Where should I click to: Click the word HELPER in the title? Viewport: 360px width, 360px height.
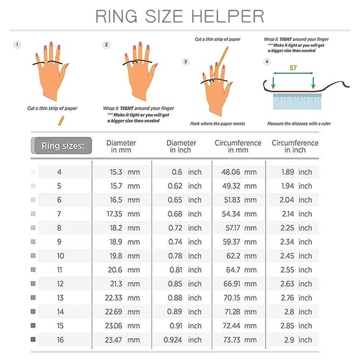pyautogui.click(x=228, y=16)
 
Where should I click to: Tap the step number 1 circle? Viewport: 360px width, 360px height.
pyautogui.click(x=17, y=45)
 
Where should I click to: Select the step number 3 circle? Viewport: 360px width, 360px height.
pyautogui.click(x=185, y=62)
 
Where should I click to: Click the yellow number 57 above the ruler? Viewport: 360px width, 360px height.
pyautogui.click(x=293, y=68)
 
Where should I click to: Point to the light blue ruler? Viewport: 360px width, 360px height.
pyautogui.click(x=297, y=101)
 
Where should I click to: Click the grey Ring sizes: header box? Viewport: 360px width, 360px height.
pyautogui.click(x=62, y=146)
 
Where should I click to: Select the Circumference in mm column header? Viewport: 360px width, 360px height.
pyautogui.click(x=238, y=146)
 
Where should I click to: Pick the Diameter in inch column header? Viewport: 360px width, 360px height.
pyautogui.click(x=181, y=146)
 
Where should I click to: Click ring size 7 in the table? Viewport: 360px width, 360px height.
pyautogui.click(x=59, y=214)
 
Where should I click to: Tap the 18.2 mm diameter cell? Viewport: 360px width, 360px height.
pyautogui.click(x=124, y=228)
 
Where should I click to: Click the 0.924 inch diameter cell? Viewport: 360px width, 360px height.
pyautogui.click(x=182, y=340)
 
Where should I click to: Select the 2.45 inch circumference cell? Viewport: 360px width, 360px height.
pyautogui.click(x=296, y=256)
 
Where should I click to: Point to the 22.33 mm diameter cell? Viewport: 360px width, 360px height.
pyautogui.click(x=123, y=298)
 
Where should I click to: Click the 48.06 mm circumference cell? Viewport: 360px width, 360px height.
pyautogui.click(x=239, y=172)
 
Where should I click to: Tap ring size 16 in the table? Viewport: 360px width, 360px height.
pyautogui.click(x=60, y=340)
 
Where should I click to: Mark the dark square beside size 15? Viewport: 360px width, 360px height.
pyautogui.click(x=33, y=325)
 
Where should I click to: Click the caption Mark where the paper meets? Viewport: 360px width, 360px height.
pyautogui.click(x=217, y=123)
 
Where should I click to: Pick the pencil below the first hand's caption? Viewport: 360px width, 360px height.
pyautogui.click(x=61, y=121)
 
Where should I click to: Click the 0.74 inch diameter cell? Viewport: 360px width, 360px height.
pyautogui.click(x=185, y=242)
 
